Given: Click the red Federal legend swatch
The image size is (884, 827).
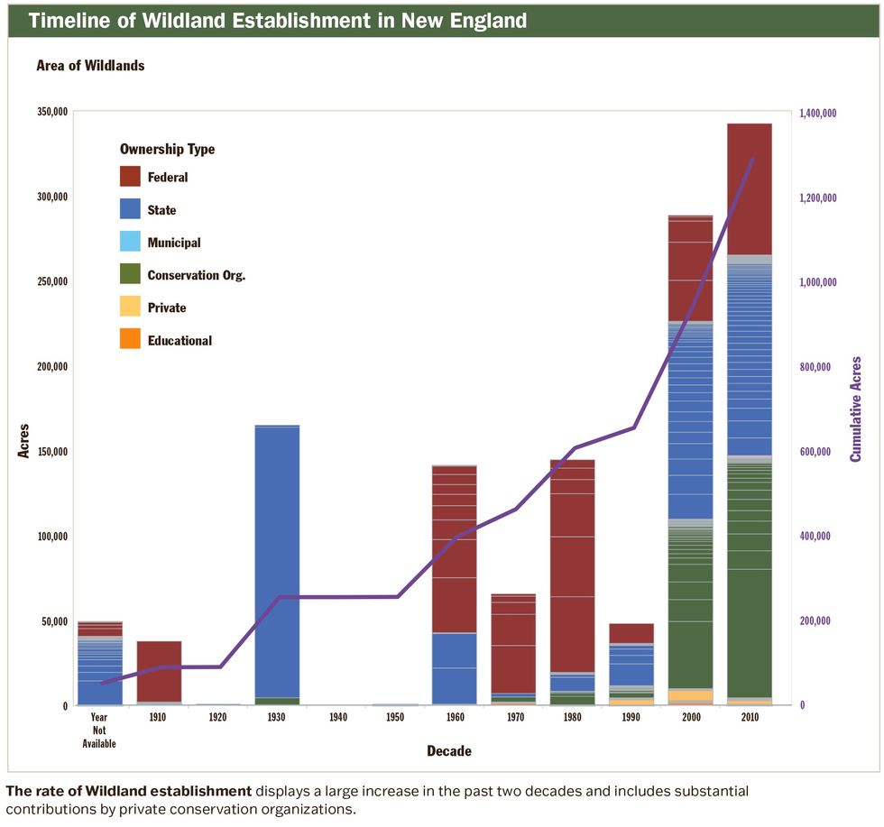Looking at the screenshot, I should (x=131, y=177).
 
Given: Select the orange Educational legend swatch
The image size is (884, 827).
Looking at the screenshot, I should (x=131, y=340).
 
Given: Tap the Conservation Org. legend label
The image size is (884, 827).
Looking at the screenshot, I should (x=197, y=275).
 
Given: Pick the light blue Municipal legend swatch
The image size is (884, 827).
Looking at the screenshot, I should (x=131, y=243).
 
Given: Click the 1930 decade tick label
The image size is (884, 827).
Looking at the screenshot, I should (x=277, y=718).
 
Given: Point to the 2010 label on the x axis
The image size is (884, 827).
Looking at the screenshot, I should (x=749, y=718).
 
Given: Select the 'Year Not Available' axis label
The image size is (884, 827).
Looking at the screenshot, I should (x=99, y=731).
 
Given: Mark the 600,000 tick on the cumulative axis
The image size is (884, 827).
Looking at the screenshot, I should (x=819, y=452).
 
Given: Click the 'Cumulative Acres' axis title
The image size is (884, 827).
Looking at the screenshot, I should (x=856, y=409).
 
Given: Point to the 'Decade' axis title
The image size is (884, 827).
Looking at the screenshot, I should (x=449, y=751).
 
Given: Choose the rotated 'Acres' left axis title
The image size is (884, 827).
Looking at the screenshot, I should (x=24, y=440).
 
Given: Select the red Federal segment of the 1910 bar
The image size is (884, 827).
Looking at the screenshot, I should (x=159, y=671).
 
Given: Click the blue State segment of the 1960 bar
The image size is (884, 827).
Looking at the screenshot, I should (x=454, y=667).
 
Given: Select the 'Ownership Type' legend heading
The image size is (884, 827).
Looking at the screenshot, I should (x=167, y=149).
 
